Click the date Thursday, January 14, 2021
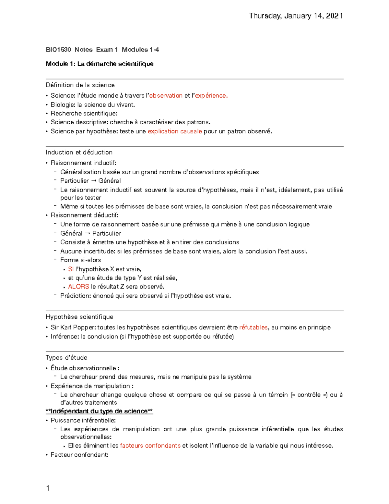click(x=296, y=16)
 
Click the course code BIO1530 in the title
click(x=58, y=50)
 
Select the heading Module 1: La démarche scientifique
click(x=100, y=64)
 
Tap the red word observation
click(x=166, y=96)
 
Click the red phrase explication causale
click(x=175, y=131)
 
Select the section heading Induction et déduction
click(x=79, y=153)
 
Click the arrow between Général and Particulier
click(x=87, y=233)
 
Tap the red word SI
click(x=71, y=269)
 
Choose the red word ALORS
click(x=78, y=287)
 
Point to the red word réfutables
click(x=253, y=327)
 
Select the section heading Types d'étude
click(x=66, y=358)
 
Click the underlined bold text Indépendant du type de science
click(x=100, y=411)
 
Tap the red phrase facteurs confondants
click(x=150, y=446)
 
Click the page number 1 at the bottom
click(x=48, y=488)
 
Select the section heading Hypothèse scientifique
click(x=79, y=317)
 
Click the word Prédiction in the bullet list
click(x=75, y=296)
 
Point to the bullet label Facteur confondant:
click(x=79, y=455)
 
